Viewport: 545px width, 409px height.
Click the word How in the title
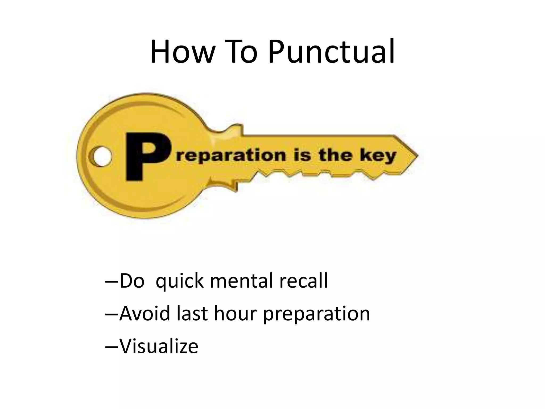[182, 52]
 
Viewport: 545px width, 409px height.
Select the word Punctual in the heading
[331, 52]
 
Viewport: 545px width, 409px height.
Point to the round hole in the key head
[101, 156]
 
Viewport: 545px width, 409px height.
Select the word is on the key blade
[302, 155]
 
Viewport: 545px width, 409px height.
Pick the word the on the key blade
[335, 155]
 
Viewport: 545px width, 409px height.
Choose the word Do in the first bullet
[132, 281]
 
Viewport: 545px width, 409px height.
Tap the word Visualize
[159, 346]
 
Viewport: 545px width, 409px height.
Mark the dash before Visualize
[112, 347]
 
